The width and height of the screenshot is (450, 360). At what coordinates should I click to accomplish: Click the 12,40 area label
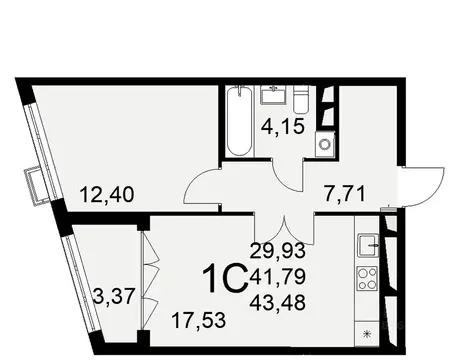pos(103,185)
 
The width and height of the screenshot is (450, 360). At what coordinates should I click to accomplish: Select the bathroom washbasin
pos(273,97)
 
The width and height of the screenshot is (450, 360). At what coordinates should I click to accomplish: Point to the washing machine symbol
pos(324,144)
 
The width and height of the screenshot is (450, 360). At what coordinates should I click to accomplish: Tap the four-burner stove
pos(367,278)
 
